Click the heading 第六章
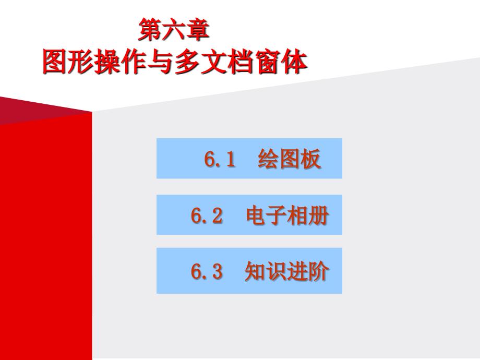[x=174, y=30]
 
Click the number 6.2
[x=207, y=216]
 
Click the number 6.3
[x=207, y=272]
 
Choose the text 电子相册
[x=287, y=216]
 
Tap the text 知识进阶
[x=287, y=272]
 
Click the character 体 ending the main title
[x=295, y=63]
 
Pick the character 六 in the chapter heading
[x=174, y=30]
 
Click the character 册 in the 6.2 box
[x=318, y=216]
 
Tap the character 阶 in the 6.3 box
[x=318, y=272]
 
